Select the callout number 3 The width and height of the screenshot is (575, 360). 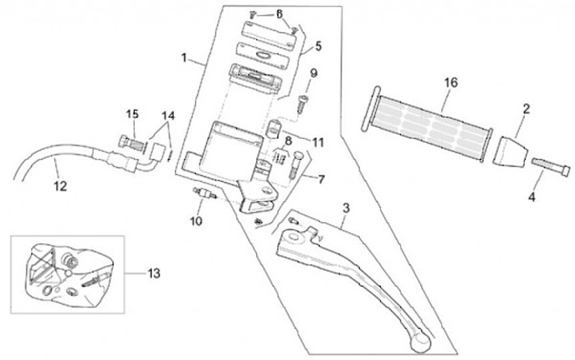[x=346, y=208]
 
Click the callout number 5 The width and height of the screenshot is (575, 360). [x=318, y=45]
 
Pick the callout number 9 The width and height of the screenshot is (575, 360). [x=314, y=74]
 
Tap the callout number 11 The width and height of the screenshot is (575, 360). [x=318, y=142]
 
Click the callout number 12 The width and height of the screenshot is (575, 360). [x=60, y=188]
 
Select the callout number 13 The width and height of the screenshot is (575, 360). [x=154, y=273]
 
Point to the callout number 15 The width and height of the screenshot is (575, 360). [x=132, y=115]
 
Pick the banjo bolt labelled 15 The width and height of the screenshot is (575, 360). [x=132, y=144]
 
